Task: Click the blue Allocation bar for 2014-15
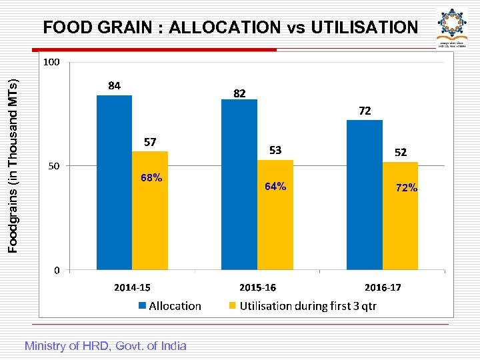[x=114, y=183]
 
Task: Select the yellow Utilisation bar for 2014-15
[x=150, y=211]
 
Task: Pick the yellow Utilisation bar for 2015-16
[x=275, y=215]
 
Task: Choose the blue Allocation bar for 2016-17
[x=364, y=195]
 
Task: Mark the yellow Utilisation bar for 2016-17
[x=400, y=216]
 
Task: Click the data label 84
[x=114, y=85]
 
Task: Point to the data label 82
[x=239, y=94]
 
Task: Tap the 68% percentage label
[x=151, y=178]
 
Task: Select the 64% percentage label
[x=275, y=187]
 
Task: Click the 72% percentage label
[x=406, y=188]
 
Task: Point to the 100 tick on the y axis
[x=51, y=62]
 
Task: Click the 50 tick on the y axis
[x=53, y=166]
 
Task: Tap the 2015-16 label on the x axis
[x=257, y=287]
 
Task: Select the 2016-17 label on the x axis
[x=383, y=287]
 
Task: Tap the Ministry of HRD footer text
[x=105, y=345]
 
